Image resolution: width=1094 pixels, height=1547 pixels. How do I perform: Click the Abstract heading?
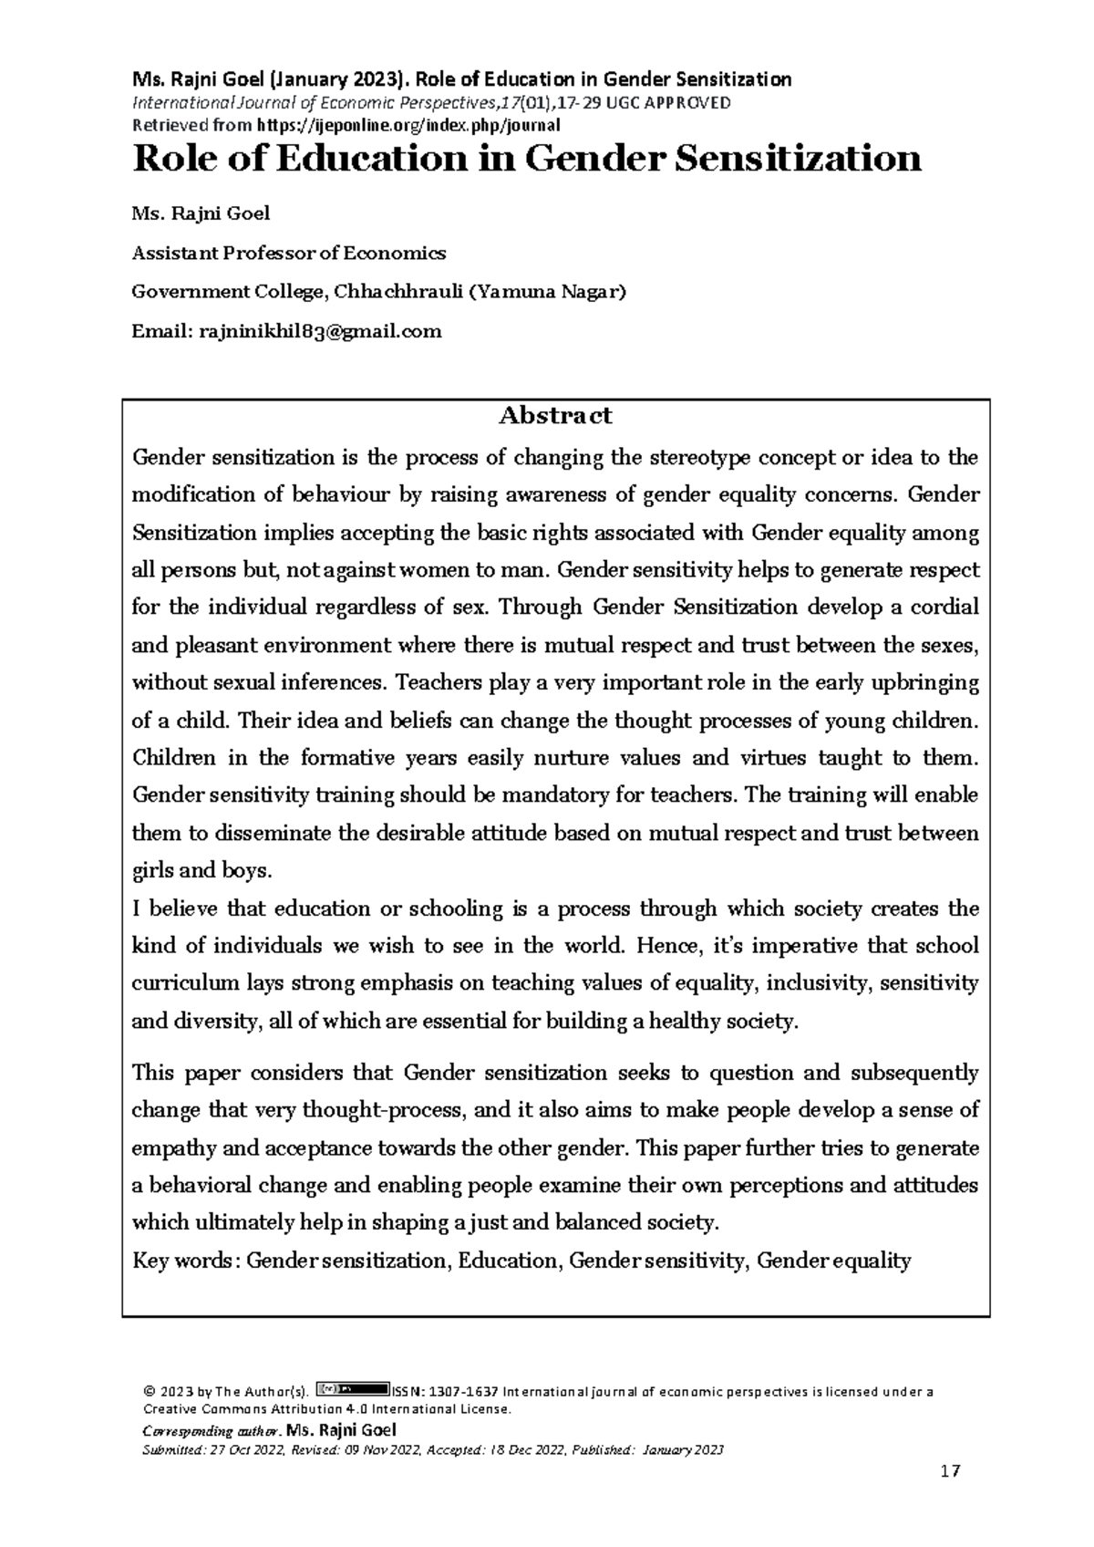(x=554, y=417)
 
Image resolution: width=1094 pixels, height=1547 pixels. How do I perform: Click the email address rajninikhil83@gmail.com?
(x=319, y=331)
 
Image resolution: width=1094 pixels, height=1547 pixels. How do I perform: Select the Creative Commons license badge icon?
(x=352, y=1389)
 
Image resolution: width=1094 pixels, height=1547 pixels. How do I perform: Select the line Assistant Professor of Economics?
(x=288, y=253)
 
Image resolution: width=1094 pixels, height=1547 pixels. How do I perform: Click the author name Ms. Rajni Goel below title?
(x=201, y=214)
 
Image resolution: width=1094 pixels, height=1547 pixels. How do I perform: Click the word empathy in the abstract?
(x=165, y=1147)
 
